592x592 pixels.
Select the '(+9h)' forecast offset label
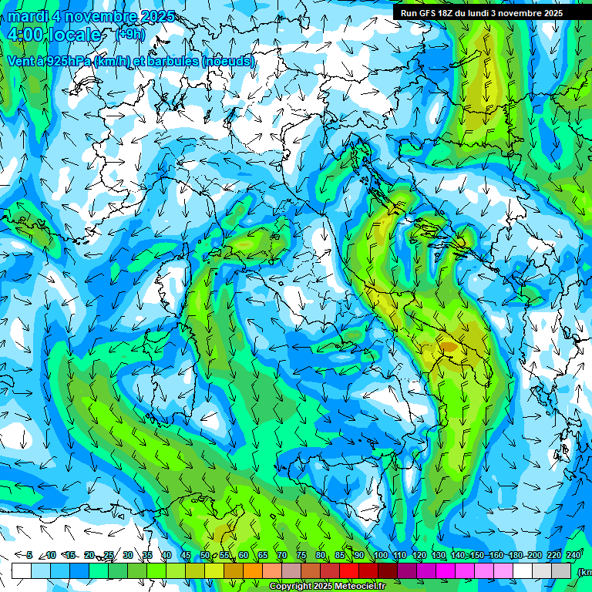click(x=133, y=34)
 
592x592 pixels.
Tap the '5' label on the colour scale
click(x=29, y=555)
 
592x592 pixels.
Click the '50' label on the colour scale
click(x=205, y=555)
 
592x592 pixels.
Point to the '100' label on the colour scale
click(x=381, y=555)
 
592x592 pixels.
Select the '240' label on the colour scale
click(x=573, y=555)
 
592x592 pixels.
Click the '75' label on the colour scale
click(x=301, y=555)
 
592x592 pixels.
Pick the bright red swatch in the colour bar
click(x=349, y=570)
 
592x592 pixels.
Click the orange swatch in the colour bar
click(x=253, y=570)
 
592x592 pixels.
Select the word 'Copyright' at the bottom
click(x=291, y=587)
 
